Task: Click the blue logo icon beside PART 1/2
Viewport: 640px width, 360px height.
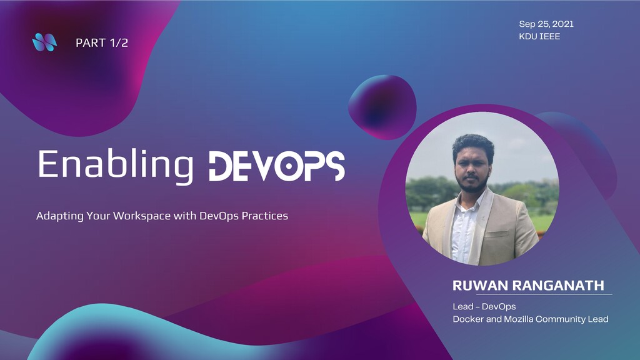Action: point(44,42)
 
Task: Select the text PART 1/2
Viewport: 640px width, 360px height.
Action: point(102,43)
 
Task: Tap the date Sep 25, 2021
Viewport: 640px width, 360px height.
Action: point(546,24)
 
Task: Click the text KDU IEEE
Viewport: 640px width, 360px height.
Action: point(539,36)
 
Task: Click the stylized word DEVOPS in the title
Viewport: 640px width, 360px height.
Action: point(276,166)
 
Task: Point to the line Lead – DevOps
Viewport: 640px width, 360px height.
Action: point(484,307)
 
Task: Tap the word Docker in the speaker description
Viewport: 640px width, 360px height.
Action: point(468,319)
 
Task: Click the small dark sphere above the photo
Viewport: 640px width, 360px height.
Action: point(382,106)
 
